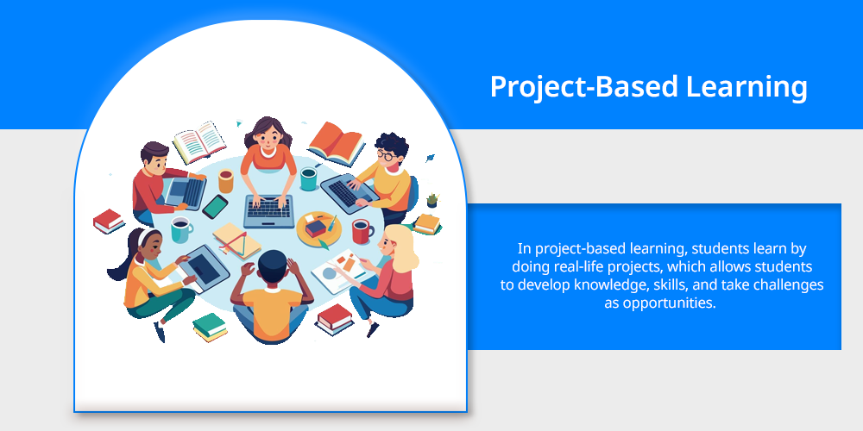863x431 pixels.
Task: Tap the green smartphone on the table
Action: (x=215, y=207)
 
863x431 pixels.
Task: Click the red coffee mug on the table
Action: (x=362, y=231)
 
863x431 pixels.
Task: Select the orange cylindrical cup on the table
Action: (x=225, y=181)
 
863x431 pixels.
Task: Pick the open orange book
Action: (x=337, y=143)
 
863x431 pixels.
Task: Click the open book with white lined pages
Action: (x=199, y=142)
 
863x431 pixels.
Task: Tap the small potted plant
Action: (x=432, y=200)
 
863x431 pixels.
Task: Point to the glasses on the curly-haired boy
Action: (x=386, y=155)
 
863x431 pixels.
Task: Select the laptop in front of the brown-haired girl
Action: (x=268, y=211)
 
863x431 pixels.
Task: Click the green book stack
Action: (x=210, y=327)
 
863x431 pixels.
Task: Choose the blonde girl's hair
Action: (x=400, y=247)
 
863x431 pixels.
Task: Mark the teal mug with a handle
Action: (x=181, y=229)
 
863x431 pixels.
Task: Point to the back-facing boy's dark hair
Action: (x=272, y=265)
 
